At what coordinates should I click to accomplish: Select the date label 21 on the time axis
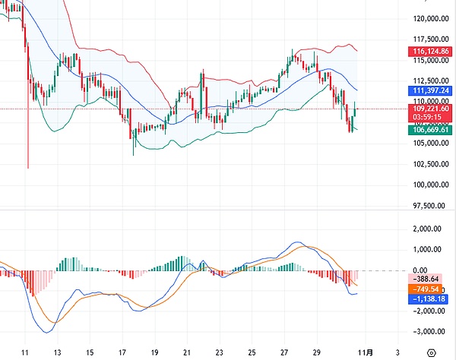pyautogui.click(x=186, y=352)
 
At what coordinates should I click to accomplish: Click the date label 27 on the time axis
pyautogui.click(x=283, y=352)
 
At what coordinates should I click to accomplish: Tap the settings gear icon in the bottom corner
pyautogui.click(x=432, y=352)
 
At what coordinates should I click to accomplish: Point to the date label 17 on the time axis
pyautogui.click(x=122, y=352)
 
